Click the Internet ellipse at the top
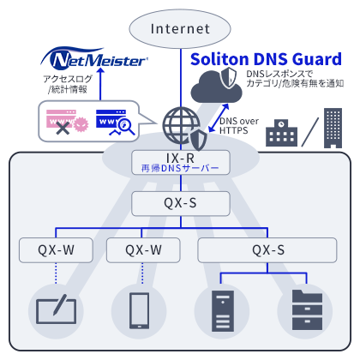[180, 28]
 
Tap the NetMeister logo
[98, 60]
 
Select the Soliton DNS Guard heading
[266, 59]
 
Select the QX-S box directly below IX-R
[180, 203]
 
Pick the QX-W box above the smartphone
[144, 250]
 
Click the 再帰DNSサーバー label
[180, 169]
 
